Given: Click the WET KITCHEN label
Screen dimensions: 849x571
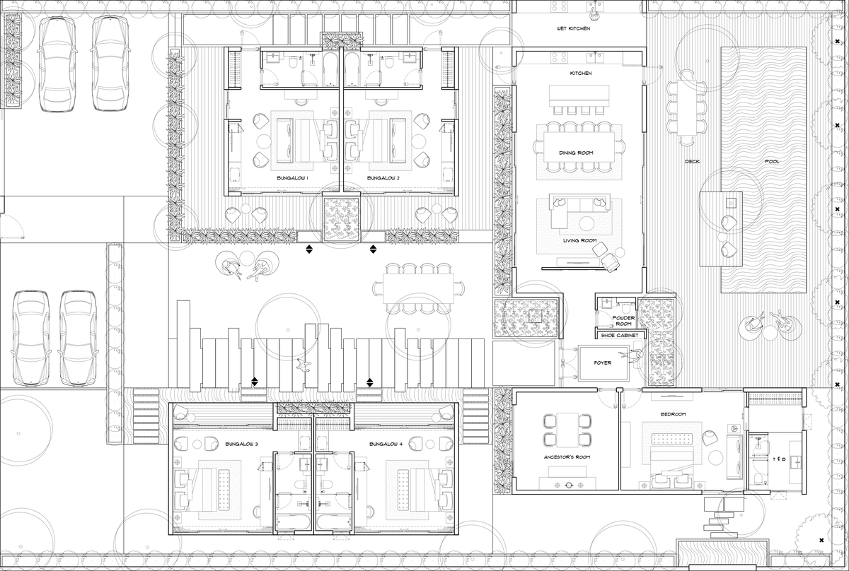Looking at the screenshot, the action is tap(573, 28).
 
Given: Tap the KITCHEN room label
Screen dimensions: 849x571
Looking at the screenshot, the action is tap(581, 73).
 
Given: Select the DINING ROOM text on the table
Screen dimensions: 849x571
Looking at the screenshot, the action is tap(576, 153).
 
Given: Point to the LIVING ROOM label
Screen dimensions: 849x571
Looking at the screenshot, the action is tap(579, 240).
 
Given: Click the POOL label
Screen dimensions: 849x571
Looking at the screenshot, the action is tap(772, 162).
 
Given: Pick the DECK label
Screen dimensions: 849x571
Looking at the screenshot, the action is tap(692, 162).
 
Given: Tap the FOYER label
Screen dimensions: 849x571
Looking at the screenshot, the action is tap(603, 363).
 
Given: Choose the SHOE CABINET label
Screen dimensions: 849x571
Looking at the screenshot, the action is tap(620, 336).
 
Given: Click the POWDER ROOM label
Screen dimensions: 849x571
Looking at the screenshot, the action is tap(623, 321).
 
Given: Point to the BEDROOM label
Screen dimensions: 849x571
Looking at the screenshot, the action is tap(673, 414).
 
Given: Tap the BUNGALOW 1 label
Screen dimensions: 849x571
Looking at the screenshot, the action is tap(292, 178).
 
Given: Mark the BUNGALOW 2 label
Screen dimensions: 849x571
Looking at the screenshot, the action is tap(383, 178).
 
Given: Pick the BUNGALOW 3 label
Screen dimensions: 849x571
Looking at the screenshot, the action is tap(241, 444).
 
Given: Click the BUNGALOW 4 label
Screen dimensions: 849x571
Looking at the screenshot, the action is tap(386, 444).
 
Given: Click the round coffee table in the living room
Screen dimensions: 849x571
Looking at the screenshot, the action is tap(587, 223).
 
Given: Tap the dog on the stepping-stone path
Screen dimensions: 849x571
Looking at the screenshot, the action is tap(304, 365).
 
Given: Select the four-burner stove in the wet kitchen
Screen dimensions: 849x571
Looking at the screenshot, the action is tap(559, 6).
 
